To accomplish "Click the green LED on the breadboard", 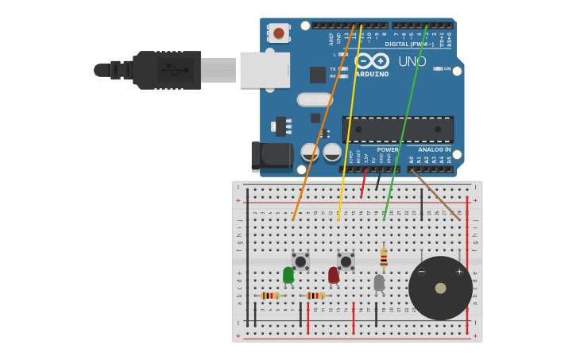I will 288,275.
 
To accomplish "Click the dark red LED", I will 334,275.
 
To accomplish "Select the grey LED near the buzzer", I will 379,281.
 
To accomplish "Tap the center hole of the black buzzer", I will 440,288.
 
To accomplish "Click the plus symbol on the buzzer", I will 459,272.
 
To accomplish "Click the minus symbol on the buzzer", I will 422,272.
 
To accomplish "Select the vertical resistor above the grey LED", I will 384,257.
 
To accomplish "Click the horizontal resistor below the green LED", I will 270,296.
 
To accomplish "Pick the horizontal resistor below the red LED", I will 315,296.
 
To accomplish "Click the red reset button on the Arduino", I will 278,33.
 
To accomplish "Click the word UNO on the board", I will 412,61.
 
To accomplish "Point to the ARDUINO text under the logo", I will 372,75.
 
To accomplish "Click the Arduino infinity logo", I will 372,61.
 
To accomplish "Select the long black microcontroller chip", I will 398,129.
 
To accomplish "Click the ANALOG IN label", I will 435,149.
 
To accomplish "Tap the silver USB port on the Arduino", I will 265,70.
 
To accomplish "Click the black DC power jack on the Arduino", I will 271,156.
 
